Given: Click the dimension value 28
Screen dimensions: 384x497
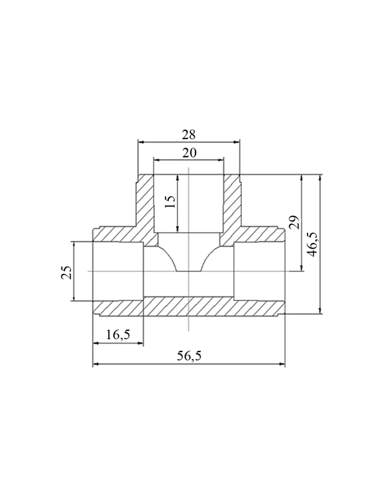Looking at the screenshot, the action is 189,135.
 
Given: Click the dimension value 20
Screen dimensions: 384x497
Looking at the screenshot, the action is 189,153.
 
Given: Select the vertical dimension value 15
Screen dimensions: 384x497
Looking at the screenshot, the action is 170,202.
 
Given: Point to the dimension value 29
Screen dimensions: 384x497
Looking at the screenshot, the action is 294,222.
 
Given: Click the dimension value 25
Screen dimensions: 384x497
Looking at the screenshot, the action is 66,272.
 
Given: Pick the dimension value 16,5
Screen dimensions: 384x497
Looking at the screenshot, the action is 118,334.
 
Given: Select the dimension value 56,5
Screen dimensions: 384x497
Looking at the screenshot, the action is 189,356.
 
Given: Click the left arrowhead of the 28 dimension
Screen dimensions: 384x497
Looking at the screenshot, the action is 141,142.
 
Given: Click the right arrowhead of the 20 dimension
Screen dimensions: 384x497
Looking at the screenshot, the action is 221,160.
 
